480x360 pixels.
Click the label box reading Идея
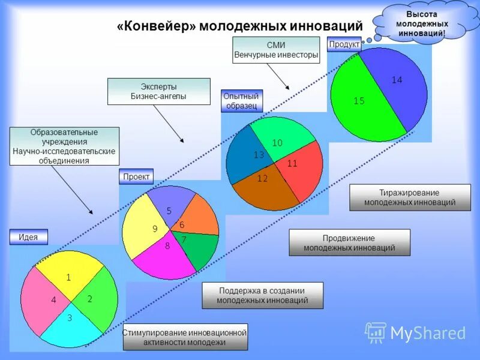tap(28, 237)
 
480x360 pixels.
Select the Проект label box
tap(136, 177)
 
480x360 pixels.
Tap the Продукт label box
tap(344, 44)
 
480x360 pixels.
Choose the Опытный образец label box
tap(242, 101)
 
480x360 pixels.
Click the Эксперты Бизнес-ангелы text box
tap(158, 91)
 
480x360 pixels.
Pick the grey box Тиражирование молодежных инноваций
tap(410, 197)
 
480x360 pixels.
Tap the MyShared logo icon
tap(376, 332)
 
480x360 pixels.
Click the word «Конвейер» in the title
tap(156, 27)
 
